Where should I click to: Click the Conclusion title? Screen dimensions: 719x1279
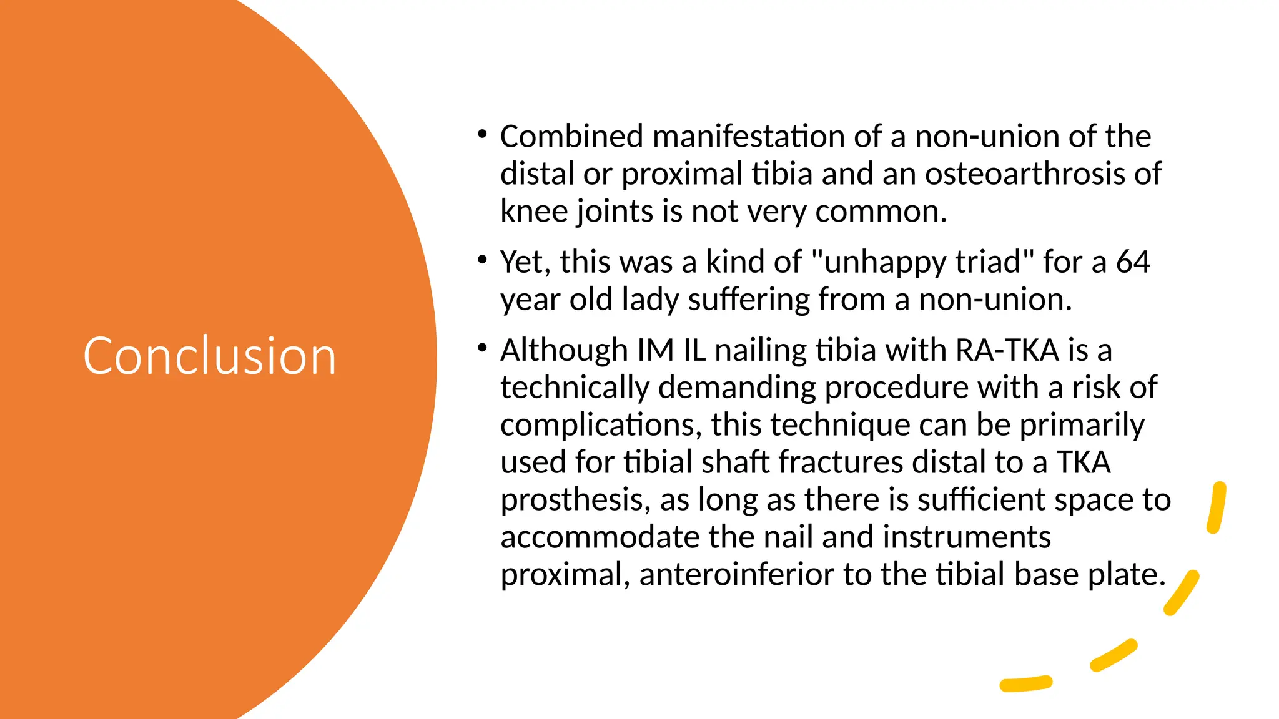click(x=210, y=356)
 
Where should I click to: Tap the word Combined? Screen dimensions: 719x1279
click(x=571, y=137)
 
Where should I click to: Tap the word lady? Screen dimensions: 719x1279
click(x=650, y=300)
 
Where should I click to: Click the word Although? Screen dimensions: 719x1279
click(x=563, y=350)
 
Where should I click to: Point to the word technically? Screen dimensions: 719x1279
click(x=575, y=388)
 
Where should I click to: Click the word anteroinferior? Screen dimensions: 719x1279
click(x=736, y=575)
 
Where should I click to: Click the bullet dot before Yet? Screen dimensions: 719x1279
click(x=481, y=260)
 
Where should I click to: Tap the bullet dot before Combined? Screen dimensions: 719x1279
click(x=481, y=134)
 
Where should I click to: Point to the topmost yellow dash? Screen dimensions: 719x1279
click(x=1217, y=507)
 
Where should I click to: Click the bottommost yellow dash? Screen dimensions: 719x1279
click(x=1025, y=683)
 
